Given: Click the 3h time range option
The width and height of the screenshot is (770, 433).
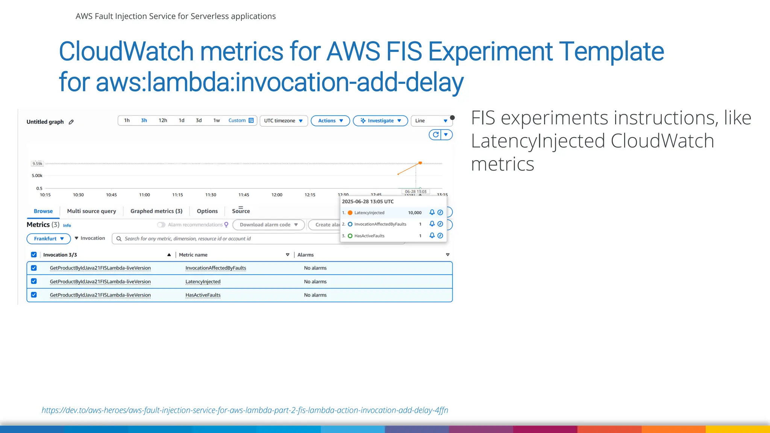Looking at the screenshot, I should click(x=144, y=121).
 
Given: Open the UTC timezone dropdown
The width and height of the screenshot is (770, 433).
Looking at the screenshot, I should click(x=283, y=121).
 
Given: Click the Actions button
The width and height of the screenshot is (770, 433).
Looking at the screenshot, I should click(x=330, y=121).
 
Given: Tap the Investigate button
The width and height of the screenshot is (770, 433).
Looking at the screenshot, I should click(x=380, y=121).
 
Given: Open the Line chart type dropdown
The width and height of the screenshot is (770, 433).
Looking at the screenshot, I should click(x=431, y=121).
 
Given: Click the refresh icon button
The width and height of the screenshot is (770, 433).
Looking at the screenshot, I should click(x=435, y=135).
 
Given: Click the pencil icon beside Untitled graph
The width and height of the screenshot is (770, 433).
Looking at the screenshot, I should click(x=71, y=122).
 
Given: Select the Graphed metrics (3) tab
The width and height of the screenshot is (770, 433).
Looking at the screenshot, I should click(x=156, y=211).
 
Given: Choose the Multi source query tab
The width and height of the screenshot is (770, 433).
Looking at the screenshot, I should click(x=91, y=211).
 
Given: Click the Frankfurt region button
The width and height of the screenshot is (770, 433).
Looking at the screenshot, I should click(x=49, y=239).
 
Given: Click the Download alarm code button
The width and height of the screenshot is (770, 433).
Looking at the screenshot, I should click(x=268, y=225).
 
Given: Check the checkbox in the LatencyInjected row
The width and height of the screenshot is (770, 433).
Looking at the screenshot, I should click(x=34, y=281).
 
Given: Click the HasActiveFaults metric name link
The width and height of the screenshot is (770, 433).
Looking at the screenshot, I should click(x=203, y=295).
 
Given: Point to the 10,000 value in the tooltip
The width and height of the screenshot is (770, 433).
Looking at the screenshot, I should click(x=415, y=213).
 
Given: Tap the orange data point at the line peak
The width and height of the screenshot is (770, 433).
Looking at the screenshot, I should click(x=420, y=163).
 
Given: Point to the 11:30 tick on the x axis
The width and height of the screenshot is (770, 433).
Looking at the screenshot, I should click(x=211, y=195).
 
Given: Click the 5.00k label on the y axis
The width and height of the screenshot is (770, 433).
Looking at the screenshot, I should click(x=37, y=176).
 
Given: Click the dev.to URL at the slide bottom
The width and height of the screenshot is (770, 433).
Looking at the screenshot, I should click(x=245, y=410).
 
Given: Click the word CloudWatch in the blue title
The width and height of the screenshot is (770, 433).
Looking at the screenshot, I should click(x=126, y=51).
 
